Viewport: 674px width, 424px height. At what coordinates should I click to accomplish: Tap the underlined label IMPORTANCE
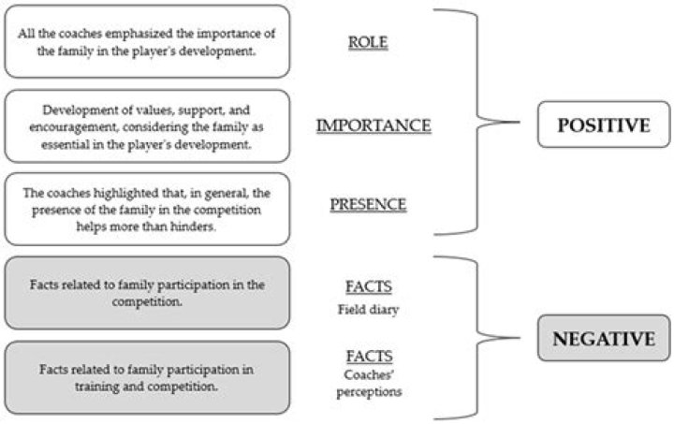point(373,124)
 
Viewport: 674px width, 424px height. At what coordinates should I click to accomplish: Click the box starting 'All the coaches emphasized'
point(147,42)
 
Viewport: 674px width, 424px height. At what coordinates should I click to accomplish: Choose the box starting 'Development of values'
point(147,125)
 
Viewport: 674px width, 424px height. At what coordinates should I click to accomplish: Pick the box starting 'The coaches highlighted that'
point(147,208)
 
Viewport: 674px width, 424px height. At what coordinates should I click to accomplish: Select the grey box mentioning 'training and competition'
point(147,374)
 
